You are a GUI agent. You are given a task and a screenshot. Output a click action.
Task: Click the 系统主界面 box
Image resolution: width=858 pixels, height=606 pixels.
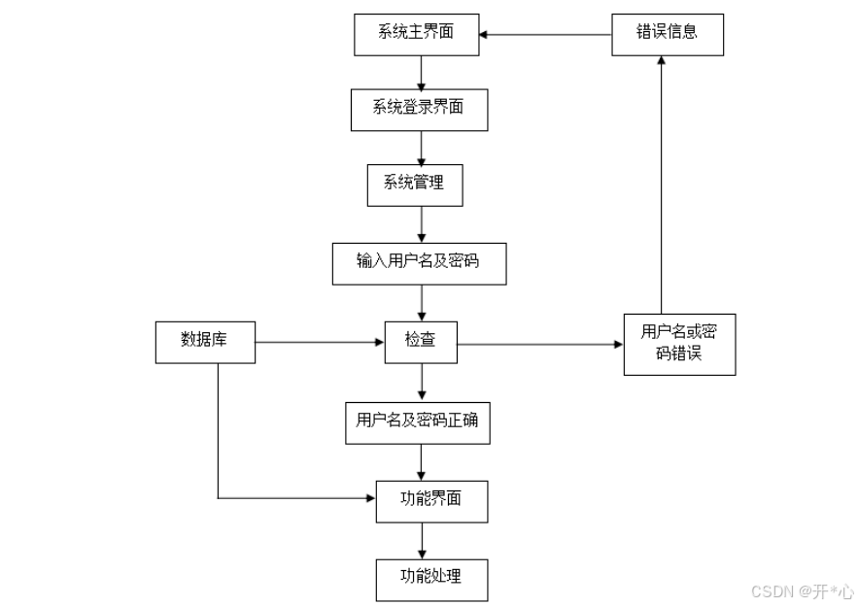click(x=417, y=34)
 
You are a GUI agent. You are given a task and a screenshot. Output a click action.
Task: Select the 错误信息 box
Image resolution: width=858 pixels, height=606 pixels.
click(x=668, y=34)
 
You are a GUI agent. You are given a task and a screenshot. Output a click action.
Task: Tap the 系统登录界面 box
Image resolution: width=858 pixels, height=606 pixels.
click(x=419, y=110)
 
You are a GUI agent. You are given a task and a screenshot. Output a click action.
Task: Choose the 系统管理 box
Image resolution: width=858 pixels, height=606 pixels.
click(x=415, y=185)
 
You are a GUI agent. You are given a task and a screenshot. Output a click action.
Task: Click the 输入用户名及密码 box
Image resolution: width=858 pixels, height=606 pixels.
click(x=419, y=263)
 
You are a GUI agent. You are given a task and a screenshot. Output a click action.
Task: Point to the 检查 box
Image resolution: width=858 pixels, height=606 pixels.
click(x=421, y=343)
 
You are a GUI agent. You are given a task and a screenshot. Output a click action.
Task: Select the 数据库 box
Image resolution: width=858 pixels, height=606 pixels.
click(x=205, y=343)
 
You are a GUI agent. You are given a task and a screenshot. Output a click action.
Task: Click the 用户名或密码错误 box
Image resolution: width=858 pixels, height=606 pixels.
click(x=679, y=345)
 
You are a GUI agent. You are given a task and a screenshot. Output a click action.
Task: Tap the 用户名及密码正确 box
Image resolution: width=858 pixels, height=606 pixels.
click(x=418, y=423)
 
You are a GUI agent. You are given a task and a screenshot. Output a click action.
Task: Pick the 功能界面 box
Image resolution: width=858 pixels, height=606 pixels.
click(x=431, y=501)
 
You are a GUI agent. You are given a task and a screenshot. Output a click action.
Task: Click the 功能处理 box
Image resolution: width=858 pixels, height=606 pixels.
click(x=431, y=581)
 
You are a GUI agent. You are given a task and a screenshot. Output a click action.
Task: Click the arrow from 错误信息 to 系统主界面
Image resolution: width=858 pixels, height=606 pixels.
click(x=545, y=34)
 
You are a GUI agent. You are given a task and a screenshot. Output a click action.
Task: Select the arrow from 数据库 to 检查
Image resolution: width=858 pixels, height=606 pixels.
click(x=320, y=343)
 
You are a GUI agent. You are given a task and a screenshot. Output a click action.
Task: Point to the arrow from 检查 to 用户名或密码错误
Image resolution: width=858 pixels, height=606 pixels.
click(x=540, y=345)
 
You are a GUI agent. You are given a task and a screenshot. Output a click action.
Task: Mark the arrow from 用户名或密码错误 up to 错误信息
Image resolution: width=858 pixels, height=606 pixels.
click(x=662, y=185)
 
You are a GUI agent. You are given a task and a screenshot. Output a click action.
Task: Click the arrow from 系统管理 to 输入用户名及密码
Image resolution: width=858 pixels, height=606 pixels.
click(x=422, y=224)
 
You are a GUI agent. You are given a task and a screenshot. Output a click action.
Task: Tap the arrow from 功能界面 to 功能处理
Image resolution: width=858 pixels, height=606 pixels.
click(x=422, y=541)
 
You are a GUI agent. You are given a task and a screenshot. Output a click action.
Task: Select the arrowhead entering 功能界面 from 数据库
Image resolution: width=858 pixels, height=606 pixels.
click(x=371, y=498)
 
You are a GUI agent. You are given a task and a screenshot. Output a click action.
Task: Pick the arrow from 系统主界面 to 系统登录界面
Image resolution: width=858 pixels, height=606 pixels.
click(x=422, y=73)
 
